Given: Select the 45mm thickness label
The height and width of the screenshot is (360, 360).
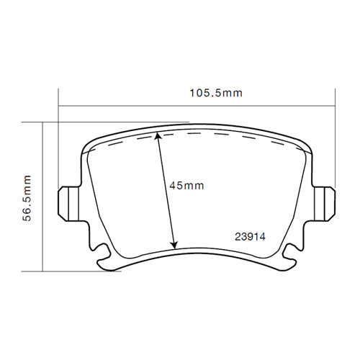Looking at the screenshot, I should coord(186,186).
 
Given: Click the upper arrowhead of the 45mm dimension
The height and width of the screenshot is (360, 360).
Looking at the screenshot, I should coord(158,139).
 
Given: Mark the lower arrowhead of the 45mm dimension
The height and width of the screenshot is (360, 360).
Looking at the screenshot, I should coord(173,245).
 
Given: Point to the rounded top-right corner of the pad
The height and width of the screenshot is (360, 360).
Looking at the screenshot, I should coord(308,147).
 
